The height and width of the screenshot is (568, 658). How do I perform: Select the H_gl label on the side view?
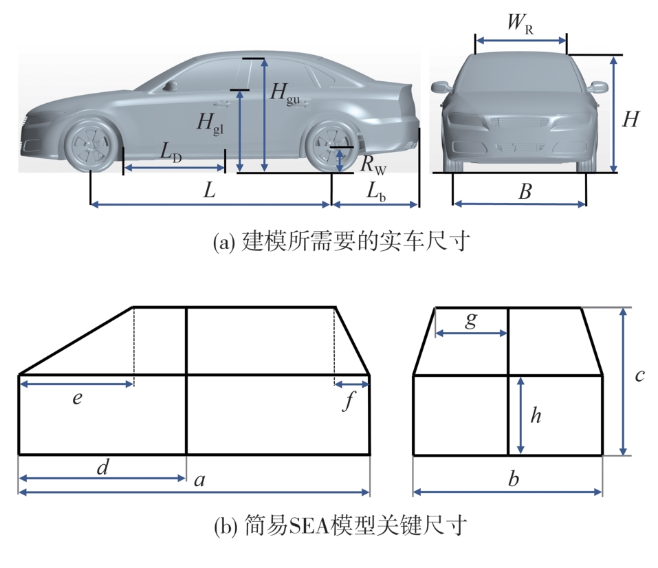pos(210,124)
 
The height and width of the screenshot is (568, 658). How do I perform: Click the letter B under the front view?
pos(525,193)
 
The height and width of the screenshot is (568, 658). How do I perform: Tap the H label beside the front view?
pos(631,120)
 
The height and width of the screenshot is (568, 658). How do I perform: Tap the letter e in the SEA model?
pos(78,398)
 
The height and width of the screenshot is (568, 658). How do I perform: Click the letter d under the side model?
pos(103,468)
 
